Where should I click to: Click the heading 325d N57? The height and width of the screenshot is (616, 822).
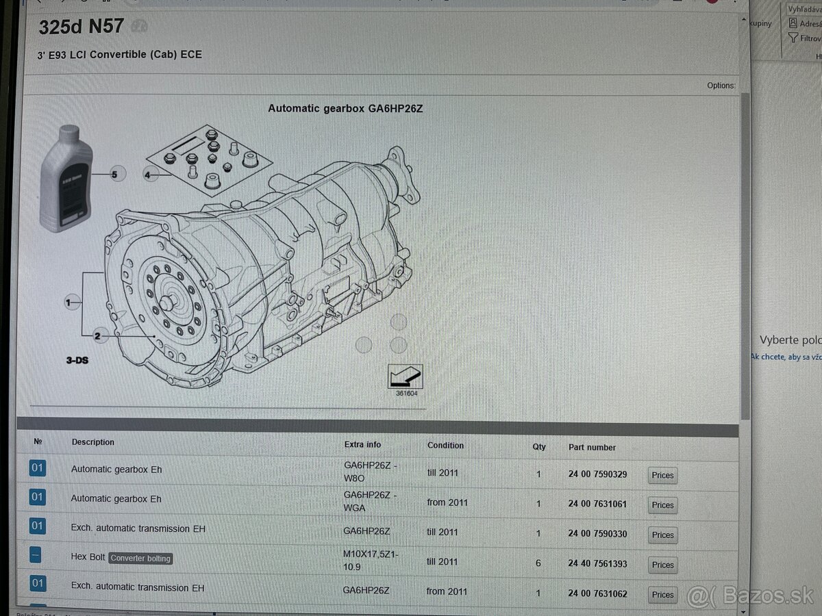[x=81, y=27]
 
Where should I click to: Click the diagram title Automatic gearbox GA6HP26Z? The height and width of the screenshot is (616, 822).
[x=345, y=108]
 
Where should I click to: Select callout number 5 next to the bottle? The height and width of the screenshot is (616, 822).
[x=114, y=175]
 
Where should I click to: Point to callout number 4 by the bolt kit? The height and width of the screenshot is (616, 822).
[x=147, y=176]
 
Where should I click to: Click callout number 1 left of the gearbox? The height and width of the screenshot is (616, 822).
[x=68, y=302]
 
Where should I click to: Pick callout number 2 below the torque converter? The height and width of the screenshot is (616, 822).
[x=97, y=336]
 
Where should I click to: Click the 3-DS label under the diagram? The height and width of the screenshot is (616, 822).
[x=77, y=360]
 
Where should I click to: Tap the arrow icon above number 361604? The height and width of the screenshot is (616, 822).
[x=405, y=376]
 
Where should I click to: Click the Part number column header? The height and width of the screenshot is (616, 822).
[x=592, y=447]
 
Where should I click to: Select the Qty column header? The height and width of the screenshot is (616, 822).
[x=539, y=446]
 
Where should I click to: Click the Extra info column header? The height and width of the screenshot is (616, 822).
[x=362, y=444]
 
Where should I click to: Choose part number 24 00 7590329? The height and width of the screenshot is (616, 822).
[x=597, y=474]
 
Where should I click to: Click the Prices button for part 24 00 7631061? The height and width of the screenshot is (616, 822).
[x=662, y=505]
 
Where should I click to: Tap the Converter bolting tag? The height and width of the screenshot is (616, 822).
[x=140, y=559]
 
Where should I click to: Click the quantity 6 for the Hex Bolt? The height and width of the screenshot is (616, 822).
[x=538, y=563]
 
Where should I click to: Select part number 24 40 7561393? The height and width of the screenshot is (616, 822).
[x=597, y=564]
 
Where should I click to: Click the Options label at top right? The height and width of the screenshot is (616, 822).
[x=721, y=86]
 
